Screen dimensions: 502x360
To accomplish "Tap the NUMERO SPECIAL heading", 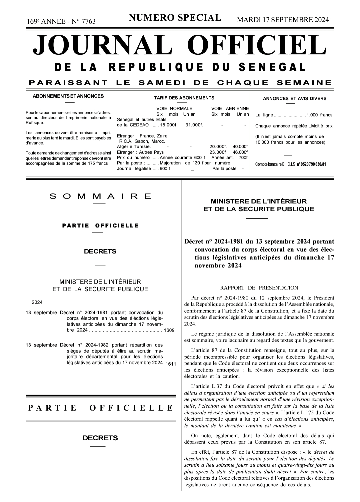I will pos(175,18).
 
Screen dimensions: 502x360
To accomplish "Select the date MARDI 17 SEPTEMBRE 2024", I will pos(283,20).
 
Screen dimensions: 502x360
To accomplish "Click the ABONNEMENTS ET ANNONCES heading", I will pos(68,96).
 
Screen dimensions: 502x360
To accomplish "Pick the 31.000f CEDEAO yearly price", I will pos(194,125).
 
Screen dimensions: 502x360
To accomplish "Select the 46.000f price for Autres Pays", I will pos(240,152).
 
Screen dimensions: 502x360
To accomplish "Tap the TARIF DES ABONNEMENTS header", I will pos(184,98).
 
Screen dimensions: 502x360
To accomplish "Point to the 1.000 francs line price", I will pos(319,115).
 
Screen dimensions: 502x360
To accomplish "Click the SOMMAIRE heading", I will pos(100,196).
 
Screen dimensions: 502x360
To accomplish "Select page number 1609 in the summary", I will pos(169,330).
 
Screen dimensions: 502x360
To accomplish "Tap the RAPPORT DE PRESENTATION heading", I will pos(259,288).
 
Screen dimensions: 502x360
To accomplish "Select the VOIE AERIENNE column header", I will pos(230,108).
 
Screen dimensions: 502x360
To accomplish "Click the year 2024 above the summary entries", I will pos(37,303).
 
